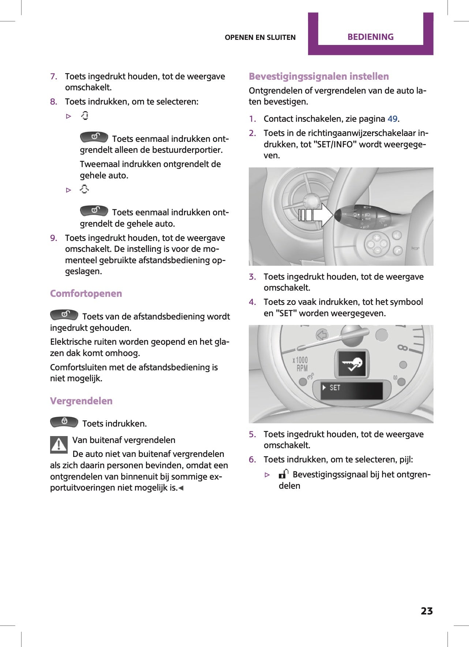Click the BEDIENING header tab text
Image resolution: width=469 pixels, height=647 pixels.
click(370, 37)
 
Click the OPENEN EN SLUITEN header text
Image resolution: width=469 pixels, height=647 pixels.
click(260, 37)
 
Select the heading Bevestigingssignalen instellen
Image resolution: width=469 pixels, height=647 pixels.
click(319, 76)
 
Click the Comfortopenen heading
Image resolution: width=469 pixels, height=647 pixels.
click(86, 294)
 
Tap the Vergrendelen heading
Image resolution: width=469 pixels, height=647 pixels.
click(81, 401)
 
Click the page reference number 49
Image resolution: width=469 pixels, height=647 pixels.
click(392, 119)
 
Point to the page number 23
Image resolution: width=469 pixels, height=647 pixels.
click(426, 611)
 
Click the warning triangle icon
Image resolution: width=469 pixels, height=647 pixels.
click(59, 445)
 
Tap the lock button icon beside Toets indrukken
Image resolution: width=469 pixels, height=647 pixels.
click(64, 422)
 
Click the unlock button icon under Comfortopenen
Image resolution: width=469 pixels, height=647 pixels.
click(64, 315)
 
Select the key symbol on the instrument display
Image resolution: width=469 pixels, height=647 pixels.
click(352, 364)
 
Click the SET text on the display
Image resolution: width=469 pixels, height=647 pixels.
click(335, 387)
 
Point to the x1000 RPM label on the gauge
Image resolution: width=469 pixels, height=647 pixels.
click(300, 364)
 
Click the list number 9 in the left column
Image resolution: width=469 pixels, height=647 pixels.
click(53, 238)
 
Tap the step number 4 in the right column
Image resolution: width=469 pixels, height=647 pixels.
click(252, 302)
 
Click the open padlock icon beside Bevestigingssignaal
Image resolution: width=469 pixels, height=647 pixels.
click(284, 474)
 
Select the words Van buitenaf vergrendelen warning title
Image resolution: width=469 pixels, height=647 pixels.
click(124, 440)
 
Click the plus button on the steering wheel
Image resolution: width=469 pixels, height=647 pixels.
click(376, 238)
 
